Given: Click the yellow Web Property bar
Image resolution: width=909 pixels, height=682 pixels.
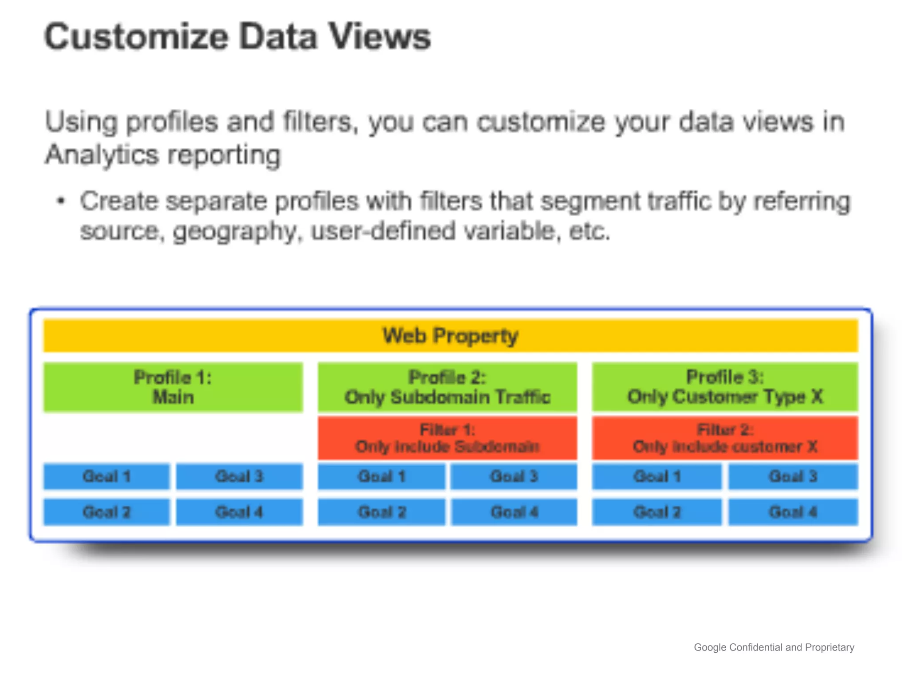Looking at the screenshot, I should coord(451,336).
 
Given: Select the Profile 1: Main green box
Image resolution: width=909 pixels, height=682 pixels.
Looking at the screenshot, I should coord(173,387).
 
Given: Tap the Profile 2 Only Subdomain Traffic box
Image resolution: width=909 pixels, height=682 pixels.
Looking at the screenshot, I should coord(447,387).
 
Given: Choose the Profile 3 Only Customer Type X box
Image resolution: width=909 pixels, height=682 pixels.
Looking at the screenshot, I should coord(725,387).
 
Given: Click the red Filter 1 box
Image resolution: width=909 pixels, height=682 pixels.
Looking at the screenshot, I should coord(447,438).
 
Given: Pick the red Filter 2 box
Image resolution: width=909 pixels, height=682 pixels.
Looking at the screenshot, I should coord(725,438).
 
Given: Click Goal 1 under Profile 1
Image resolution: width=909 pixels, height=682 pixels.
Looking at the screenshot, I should coord(107,476).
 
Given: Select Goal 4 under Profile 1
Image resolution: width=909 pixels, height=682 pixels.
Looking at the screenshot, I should coord(239,512).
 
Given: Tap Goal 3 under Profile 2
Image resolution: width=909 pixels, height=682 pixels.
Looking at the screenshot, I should coord(514,476).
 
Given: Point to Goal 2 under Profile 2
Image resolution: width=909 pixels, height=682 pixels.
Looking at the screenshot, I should coord(382,512).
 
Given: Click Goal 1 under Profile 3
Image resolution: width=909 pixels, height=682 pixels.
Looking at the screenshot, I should coord(657,476).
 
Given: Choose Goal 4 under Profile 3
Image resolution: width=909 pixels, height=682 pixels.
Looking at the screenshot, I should coord(793,512).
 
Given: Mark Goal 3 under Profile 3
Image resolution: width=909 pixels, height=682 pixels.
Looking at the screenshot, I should coord(793,476).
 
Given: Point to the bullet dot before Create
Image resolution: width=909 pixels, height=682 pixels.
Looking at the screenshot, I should coord(61,202).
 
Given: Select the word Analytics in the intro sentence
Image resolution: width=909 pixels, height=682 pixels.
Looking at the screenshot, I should coord(102,155).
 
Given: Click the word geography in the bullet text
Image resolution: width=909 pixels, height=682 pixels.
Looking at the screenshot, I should coord(234,232).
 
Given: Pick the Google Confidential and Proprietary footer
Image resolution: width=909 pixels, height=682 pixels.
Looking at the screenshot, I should coord(774,647).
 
